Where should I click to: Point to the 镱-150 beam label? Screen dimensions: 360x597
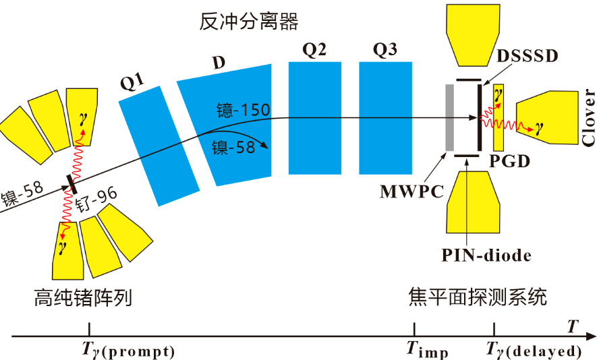click(x=244, y=110)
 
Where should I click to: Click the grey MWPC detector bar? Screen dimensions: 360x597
click(x=449, y=117)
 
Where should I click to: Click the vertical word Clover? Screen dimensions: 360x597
click(x=589, y=117)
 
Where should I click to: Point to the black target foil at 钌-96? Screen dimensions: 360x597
click(x=70, y=181)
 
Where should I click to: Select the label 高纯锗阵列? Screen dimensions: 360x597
click(x=81, y=297)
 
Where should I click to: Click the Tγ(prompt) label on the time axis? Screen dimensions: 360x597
click(x=127, y=351)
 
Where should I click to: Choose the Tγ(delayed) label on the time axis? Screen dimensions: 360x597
click(x=534, y=351)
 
